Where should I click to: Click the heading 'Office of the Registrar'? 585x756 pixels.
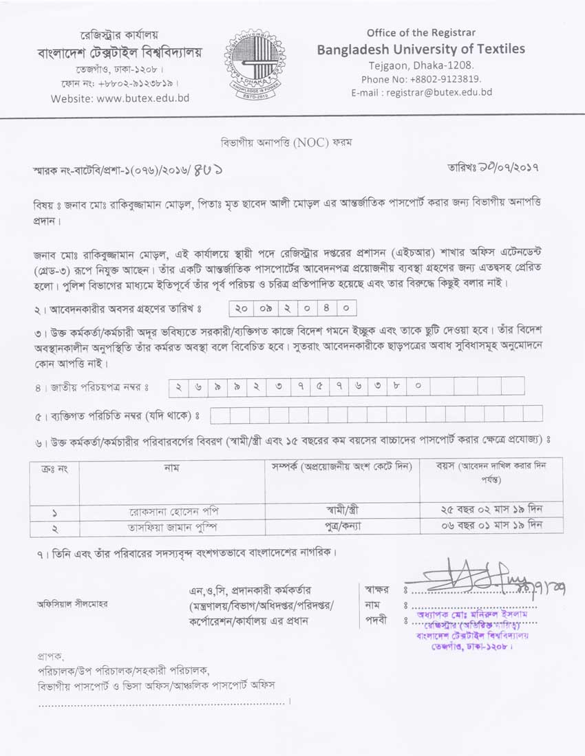coord(421,32)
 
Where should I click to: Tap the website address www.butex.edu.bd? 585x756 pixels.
coord(120,98)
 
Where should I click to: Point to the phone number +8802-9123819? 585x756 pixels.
coord(421,79)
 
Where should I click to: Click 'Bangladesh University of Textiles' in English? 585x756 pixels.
coord(421,49)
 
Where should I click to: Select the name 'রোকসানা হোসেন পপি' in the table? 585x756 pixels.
coord(171,511)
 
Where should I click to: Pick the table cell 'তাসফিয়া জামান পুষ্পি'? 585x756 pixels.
coord(171,528)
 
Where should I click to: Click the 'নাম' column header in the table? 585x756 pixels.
coord(171,467)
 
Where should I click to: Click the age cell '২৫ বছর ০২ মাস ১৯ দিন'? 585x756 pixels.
coord(491,511)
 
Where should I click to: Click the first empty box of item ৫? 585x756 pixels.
coord(220,415)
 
